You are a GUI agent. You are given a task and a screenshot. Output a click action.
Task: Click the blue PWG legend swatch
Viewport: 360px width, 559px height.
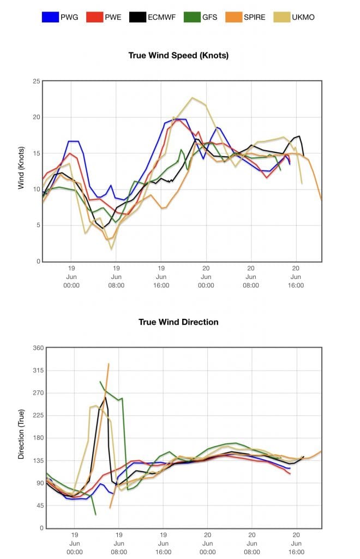(51, 17)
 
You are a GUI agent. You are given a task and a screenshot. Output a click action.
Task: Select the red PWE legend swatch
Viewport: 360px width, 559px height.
(95, 17)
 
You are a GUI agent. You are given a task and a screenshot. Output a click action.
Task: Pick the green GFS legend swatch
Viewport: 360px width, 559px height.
(193, 17)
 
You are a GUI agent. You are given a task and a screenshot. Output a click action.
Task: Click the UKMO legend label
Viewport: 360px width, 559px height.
(303, 17)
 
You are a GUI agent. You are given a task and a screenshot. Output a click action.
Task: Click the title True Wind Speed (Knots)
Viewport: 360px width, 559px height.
(178, 55)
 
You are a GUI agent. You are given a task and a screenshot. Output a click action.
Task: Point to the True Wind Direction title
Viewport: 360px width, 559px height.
(178, 322)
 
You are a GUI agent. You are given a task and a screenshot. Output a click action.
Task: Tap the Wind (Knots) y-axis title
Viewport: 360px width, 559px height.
(21, 168)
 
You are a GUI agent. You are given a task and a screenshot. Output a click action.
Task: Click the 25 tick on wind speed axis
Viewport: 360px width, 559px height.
(37, 81)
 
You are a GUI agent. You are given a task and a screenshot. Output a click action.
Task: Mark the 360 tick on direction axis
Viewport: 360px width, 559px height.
(36, 348)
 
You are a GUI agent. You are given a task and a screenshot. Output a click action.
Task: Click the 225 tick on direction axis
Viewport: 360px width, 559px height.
(36, 415)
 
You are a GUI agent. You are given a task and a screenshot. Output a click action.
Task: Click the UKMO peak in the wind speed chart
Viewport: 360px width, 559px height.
(192, 98)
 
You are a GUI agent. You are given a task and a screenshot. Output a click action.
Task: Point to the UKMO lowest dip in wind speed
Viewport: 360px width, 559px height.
(112, 249)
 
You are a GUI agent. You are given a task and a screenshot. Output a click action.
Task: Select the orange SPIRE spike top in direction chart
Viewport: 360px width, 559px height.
(109, 364)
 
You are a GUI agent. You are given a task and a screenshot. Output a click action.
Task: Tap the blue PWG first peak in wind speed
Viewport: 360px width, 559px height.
(74, 141)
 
